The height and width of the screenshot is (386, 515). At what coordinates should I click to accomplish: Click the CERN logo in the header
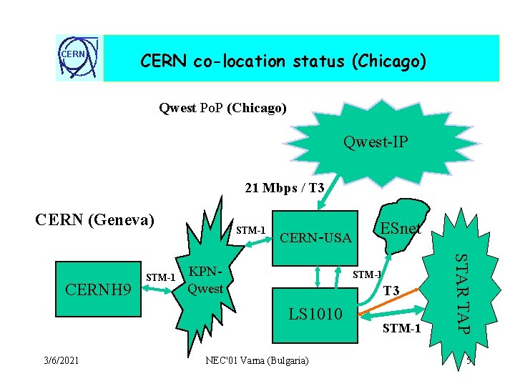(x=79, y=58)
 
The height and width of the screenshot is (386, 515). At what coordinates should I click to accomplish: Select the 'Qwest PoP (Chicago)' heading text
(x=222, y=109)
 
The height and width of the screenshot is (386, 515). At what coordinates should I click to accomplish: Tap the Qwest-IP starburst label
(x=376, y=142)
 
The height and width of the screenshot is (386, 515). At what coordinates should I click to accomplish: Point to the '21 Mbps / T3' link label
(x=284, y=189)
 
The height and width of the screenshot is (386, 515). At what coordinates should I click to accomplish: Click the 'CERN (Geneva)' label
(x=95, y=219)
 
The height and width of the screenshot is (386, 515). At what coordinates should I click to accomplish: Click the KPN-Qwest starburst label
(x=205, y=282)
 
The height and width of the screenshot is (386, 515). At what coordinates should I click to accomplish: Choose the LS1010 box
(x=315, y=313)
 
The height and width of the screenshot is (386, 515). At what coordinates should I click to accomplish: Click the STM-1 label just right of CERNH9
(x=160, y=277)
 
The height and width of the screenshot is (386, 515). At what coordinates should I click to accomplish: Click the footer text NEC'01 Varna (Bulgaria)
(x=257, y=361)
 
